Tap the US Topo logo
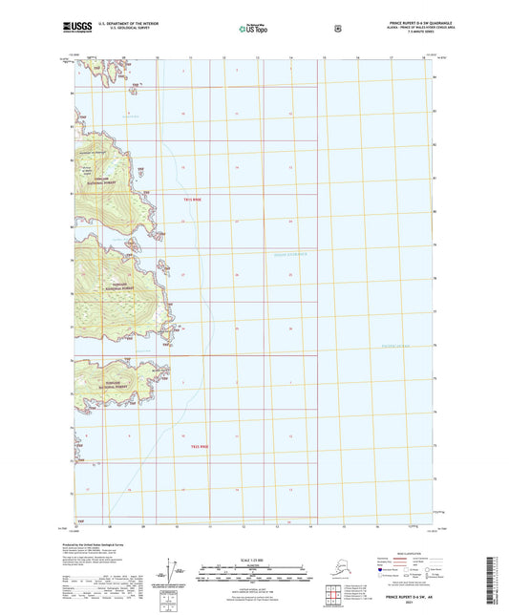(253, 29)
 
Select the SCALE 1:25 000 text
(253, 559)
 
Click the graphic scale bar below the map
(253, 576)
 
